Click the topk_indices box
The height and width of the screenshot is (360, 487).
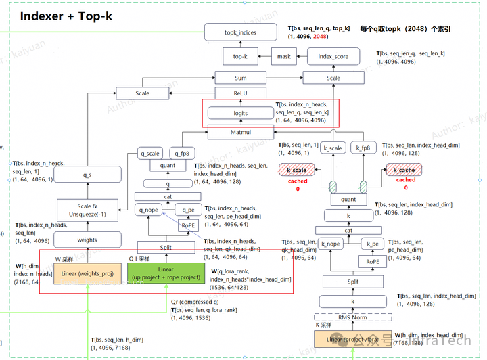point(240,32)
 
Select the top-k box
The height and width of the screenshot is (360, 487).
point(240,57)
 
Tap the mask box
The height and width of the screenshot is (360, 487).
point(284,57)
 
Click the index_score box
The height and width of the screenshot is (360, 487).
point(333,57)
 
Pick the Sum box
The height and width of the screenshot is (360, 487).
point(240,78)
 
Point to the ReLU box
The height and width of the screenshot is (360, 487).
point(240,93)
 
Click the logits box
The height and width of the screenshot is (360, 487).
point(240,114)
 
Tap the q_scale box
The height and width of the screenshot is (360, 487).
point(150,153)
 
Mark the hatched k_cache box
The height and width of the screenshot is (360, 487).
point(404,170)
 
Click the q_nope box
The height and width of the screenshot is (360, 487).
point(149,210)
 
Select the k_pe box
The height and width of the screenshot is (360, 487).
point(372,243)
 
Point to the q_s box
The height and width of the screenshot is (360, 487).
point(87,175)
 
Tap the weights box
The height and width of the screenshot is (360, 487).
point(87,240)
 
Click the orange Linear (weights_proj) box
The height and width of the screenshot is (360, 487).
point(87,273)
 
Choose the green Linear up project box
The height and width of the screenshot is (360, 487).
point(166,273)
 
